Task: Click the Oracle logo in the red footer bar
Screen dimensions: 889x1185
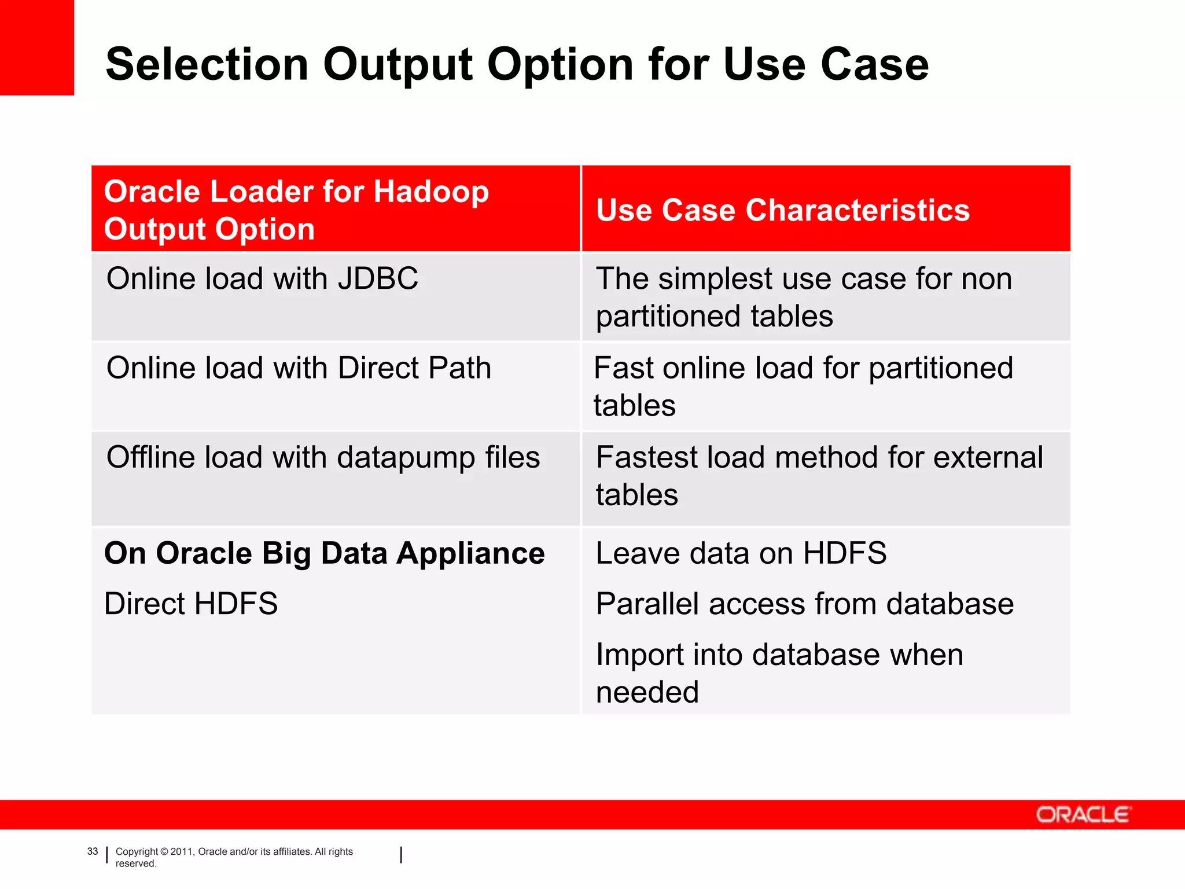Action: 1083,814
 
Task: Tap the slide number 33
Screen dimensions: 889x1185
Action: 93,851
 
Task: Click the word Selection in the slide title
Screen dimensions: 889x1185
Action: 207,64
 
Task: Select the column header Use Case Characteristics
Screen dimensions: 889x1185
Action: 782,210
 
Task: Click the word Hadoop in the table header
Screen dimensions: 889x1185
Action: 430,192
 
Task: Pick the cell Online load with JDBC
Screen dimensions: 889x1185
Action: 262,278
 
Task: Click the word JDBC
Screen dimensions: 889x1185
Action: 378,278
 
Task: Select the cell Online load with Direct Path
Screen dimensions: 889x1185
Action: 299,368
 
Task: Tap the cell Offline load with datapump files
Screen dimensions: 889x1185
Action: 323,458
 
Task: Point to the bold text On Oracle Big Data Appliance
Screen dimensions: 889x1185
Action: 324,553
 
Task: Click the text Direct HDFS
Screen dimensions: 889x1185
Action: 191,604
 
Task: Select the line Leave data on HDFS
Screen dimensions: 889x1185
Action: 741,553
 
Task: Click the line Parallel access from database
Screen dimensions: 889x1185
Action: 804,604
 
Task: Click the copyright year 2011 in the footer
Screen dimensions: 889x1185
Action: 181,851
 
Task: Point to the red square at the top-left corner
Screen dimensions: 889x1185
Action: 36,47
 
